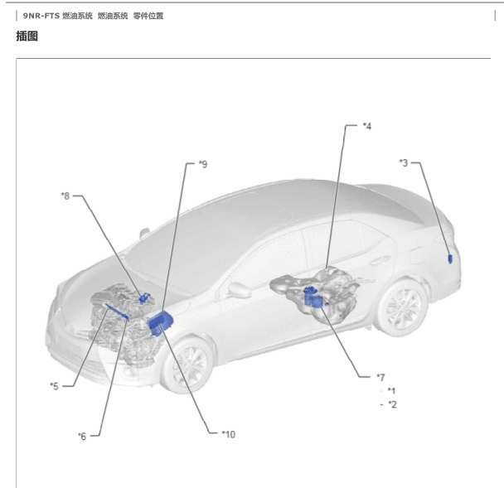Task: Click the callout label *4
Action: point(367,126)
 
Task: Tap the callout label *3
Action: point(404,163)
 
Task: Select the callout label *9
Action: point(203,164)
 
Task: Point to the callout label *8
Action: point(65,196)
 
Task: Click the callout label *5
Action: point(55,386)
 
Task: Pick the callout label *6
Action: point(82,436)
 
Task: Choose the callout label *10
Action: point(229,434)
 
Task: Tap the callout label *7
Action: point(380,377)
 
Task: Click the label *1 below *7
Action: point(391,391)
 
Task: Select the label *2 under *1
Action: point(392,404)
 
